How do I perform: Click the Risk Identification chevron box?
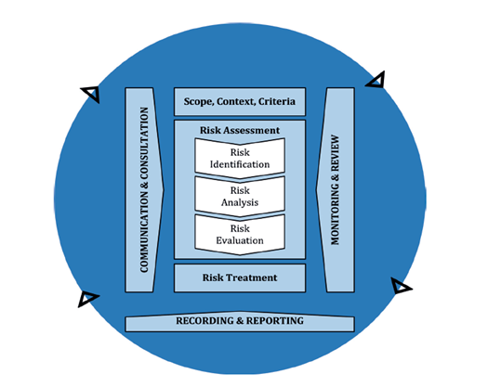coord(240,158)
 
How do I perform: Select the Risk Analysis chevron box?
coord(240,197)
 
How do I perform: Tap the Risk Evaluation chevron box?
coord(240,235)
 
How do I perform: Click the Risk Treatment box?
coord(240,277)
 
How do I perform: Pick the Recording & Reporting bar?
coord(240,322)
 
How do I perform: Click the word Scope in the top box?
coord(198,102)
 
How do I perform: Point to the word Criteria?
coord(277,101)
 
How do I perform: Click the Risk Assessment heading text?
coord(240,130)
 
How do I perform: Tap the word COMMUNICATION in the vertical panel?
coord(144,232)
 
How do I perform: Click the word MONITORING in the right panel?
coord(335,213)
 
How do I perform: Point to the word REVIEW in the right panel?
coord(335,152)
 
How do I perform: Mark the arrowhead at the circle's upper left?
coord(90,94)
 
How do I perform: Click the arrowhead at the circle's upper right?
coord(376,80)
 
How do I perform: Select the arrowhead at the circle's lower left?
coord(87,299)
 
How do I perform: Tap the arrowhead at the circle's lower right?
coord(401,286)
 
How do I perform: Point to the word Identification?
coord(240,164)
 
